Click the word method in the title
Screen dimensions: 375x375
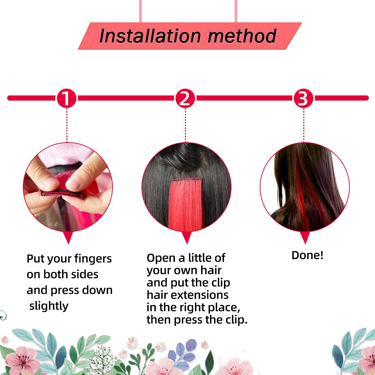pos(242,36)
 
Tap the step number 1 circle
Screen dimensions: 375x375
pos(67,99)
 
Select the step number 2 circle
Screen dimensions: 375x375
pos(185,99)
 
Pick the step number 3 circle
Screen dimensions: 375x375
pos(303,99)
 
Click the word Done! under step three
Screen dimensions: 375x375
pos(307,255)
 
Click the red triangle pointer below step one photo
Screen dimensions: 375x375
pos(68,237)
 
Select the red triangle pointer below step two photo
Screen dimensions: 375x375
pos(186,237)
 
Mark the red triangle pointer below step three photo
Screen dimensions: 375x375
pos(305,237)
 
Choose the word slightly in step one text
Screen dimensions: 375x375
pos(49,306)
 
